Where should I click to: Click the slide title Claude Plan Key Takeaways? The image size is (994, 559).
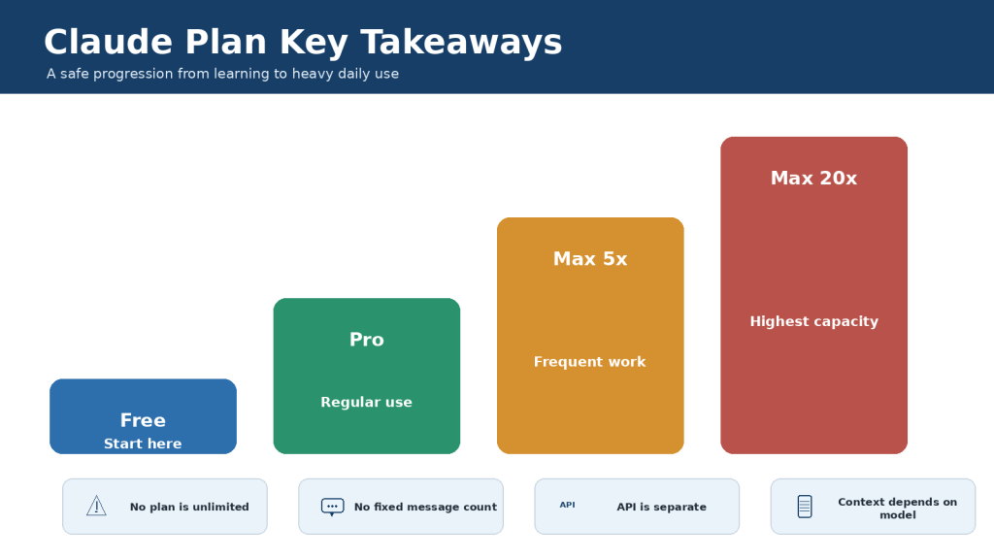(x=303, y=43)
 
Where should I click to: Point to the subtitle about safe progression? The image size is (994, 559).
(x=222, y=74)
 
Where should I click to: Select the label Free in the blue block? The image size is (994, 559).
(x=144, y=420)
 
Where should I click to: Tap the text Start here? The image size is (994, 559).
(x=143, y=444)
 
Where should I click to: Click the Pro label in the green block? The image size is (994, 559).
(x=366, y=340)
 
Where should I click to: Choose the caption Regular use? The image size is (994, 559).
(x=366, y=403)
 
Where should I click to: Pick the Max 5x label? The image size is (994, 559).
(x=590, y=259)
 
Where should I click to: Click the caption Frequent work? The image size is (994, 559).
(x=589, y=362)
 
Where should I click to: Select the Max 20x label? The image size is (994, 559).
(x=814, y=179)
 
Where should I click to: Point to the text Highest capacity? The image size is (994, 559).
(x=814, y=322)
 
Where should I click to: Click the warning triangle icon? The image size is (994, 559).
(x=96, y=506)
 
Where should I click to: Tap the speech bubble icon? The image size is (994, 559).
(x=332, y=507)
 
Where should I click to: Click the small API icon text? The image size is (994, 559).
(x=567, y=505)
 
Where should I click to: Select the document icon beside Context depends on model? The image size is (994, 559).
(x=805, y=507)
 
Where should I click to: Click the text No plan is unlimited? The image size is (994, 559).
(x=189, y=507)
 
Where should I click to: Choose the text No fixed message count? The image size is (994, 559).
(x=425, y=507)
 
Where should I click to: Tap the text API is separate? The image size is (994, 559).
(x=661, y=507)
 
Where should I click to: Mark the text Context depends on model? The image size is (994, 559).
(x=898, y=509)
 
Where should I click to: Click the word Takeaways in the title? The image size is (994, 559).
(x=461, y=43)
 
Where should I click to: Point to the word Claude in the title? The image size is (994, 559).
(x=109, y=43)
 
